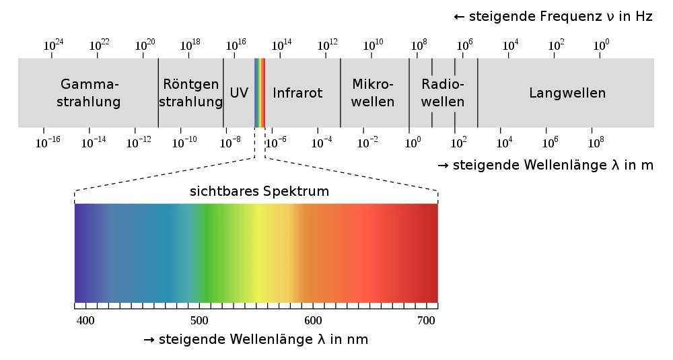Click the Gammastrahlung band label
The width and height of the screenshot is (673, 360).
click(x=90, y=93)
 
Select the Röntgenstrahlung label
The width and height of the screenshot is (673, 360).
click(x=192, y=93)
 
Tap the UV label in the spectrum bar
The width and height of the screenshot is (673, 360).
click(x=239, y=93)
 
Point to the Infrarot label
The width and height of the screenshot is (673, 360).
click(x=297, y=93)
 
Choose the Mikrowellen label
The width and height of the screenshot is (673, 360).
click(x=373, y=93)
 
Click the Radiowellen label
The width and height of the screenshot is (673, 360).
click(x=443, y=93)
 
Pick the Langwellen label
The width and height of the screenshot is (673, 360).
click(x=567, y=93)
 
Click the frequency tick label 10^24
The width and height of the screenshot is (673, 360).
click(x=54, y=45)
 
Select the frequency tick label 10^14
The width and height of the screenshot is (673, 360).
click(x=281, y=45)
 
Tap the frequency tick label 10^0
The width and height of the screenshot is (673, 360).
click(x=601, y=45)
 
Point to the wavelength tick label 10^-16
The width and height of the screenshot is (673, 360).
click(x=48, y=142)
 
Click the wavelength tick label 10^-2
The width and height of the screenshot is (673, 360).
click(x=367, y=142)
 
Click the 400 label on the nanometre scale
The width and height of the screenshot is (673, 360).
click(x=85, y=320)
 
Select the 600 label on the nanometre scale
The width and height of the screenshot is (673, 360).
click(x=313, y=320)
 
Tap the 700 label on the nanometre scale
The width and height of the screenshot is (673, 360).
click(x=427, y=320)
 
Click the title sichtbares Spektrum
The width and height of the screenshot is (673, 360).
click(x=259, y=191)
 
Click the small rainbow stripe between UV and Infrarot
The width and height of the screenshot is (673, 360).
click(x=260, y=93)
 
